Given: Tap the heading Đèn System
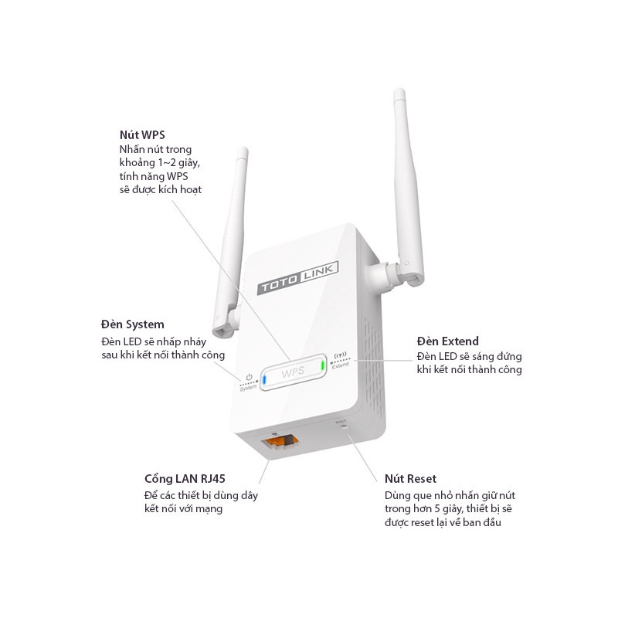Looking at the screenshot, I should [x=132, y=324].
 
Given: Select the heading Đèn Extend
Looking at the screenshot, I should [x=447, y=341].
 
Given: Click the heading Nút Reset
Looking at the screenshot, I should [x=415, y=479].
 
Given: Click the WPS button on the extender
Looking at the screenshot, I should [x=293, y=373].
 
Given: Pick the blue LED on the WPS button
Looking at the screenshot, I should [x=264, y=379].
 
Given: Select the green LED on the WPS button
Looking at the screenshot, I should [x=322, y=365].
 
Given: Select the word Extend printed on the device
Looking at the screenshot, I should [x=340, y=366].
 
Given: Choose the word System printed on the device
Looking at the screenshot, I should [x=248, y=387].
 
